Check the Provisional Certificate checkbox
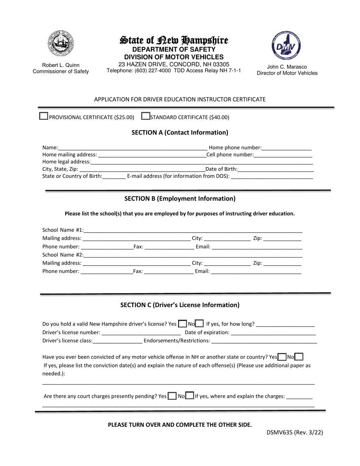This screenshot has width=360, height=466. click(44, 116)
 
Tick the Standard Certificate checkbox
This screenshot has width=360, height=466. click(145, 116)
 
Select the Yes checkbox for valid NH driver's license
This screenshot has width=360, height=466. click(182, 324)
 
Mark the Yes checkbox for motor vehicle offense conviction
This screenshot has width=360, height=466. click(282, 357)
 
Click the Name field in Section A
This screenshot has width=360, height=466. click(133, 148)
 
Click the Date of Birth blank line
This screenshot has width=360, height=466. click(275, 169)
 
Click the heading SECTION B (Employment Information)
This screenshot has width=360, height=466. click(180, 199)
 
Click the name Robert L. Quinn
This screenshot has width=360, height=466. click(61, 65)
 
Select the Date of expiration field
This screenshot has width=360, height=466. click(273, 333)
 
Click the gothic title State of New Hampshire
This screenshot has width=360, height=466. click(174, 40)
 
